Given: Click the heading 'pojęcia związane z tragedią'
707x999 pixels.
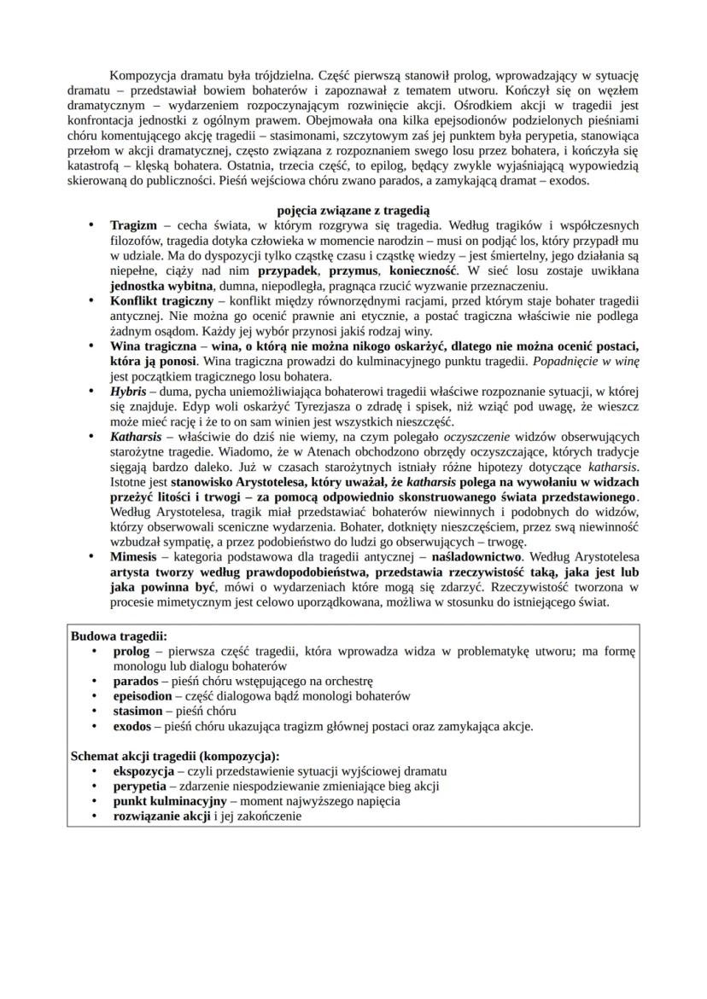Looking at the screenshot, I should point(353,210).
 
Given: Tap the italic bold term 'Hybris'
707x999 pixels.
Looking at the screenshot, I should point(128,391).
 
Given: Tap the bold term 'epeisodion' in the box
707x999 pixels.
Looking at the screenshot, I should point(143,696).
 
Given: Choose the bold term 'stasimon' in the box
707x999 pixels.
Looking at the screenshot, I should point(138,711).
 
